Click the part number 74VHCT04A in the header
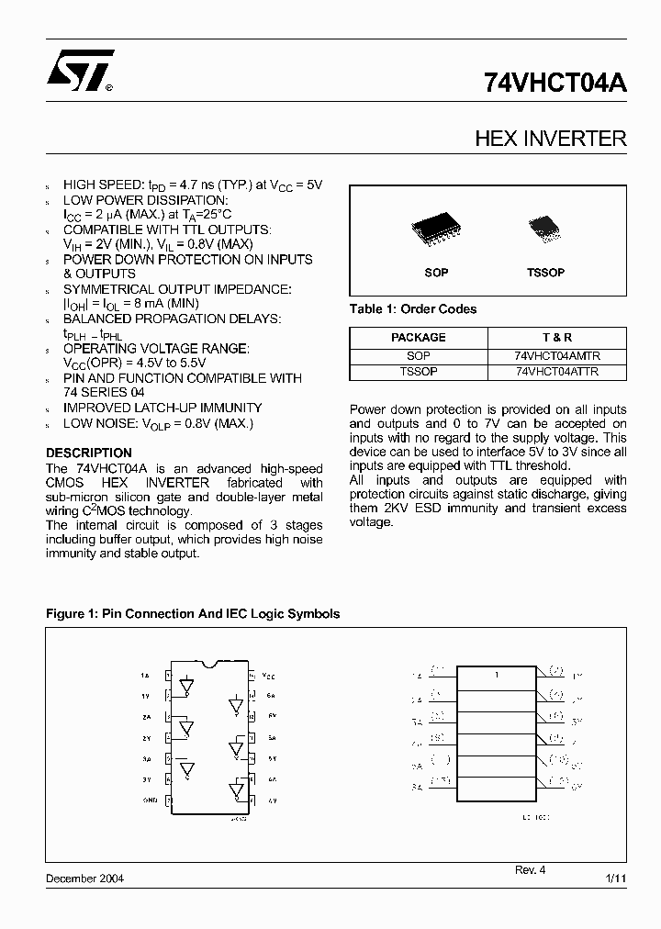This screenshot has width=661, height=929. (555, 83)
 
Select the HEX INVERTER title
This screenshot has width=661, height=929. (550, 139)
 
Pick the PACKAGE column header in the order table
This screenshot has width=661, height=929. (419, 337)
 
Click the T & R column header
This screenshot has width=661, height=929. (557, 337)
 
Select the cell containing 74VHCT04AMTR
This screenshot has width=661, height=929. (557, 354)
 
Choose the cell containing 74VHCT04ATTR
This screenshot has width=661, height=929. (557, 371)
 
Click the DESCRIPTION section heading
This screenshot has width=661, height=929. (89, 453)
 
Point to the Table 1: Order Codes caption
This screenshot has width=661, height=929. (413, 309)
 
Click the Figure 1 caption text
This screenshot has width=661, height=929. (193, 613)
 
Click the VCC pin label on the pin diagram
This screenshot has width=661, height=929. (268, 675)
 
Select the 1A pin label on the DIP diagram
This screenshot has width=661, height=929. (145, 675)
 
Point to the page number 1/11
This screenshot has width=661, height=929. (616, 879)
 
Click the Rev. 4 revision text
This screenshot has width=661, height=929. (530, 869)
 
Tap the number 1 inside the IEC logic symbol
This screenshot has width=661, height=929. (496, 675)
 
